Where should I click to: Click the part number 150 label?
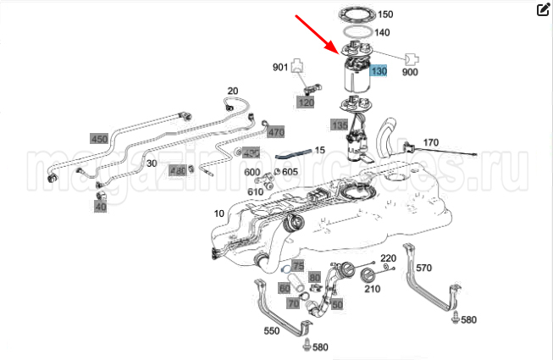384,14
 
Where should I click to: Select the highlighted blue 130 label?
378,72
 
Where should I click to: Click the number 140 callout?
381,33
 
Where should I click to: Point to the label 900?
410,73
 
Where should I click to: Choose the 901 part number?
280,67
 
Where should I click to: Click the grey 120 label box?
305,102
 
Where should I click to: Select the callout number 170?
430,142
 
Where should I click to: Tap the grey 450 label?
99,139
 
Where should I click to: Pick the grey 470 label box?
275,132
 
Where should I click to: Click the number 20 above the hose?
233,91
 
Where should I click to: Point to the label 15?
320,150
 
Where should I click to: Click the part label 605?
290,172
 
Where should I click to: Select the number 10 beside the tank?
218,214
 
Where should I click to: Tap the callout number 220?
388,258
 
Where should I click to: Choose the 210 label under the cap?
372,289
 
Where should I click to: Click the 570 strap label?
423,268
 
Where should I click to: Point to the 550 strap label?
272,331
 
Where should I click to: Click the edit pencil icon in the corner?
544,10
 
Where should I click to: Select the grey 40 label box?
101,206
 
